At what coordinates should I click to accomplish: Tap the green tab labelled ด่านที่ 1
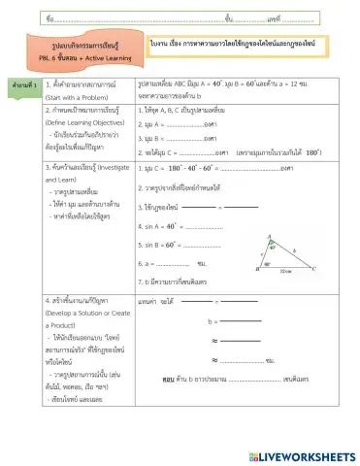(20, 86)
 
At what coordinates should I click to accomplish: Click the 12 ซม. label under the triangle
(283, 275)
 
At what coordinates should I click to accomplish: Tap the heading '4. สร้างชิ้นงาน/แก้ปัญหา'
(83, 304)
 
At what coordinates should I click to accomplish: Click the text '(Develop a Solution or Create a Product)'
(87, 321)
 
